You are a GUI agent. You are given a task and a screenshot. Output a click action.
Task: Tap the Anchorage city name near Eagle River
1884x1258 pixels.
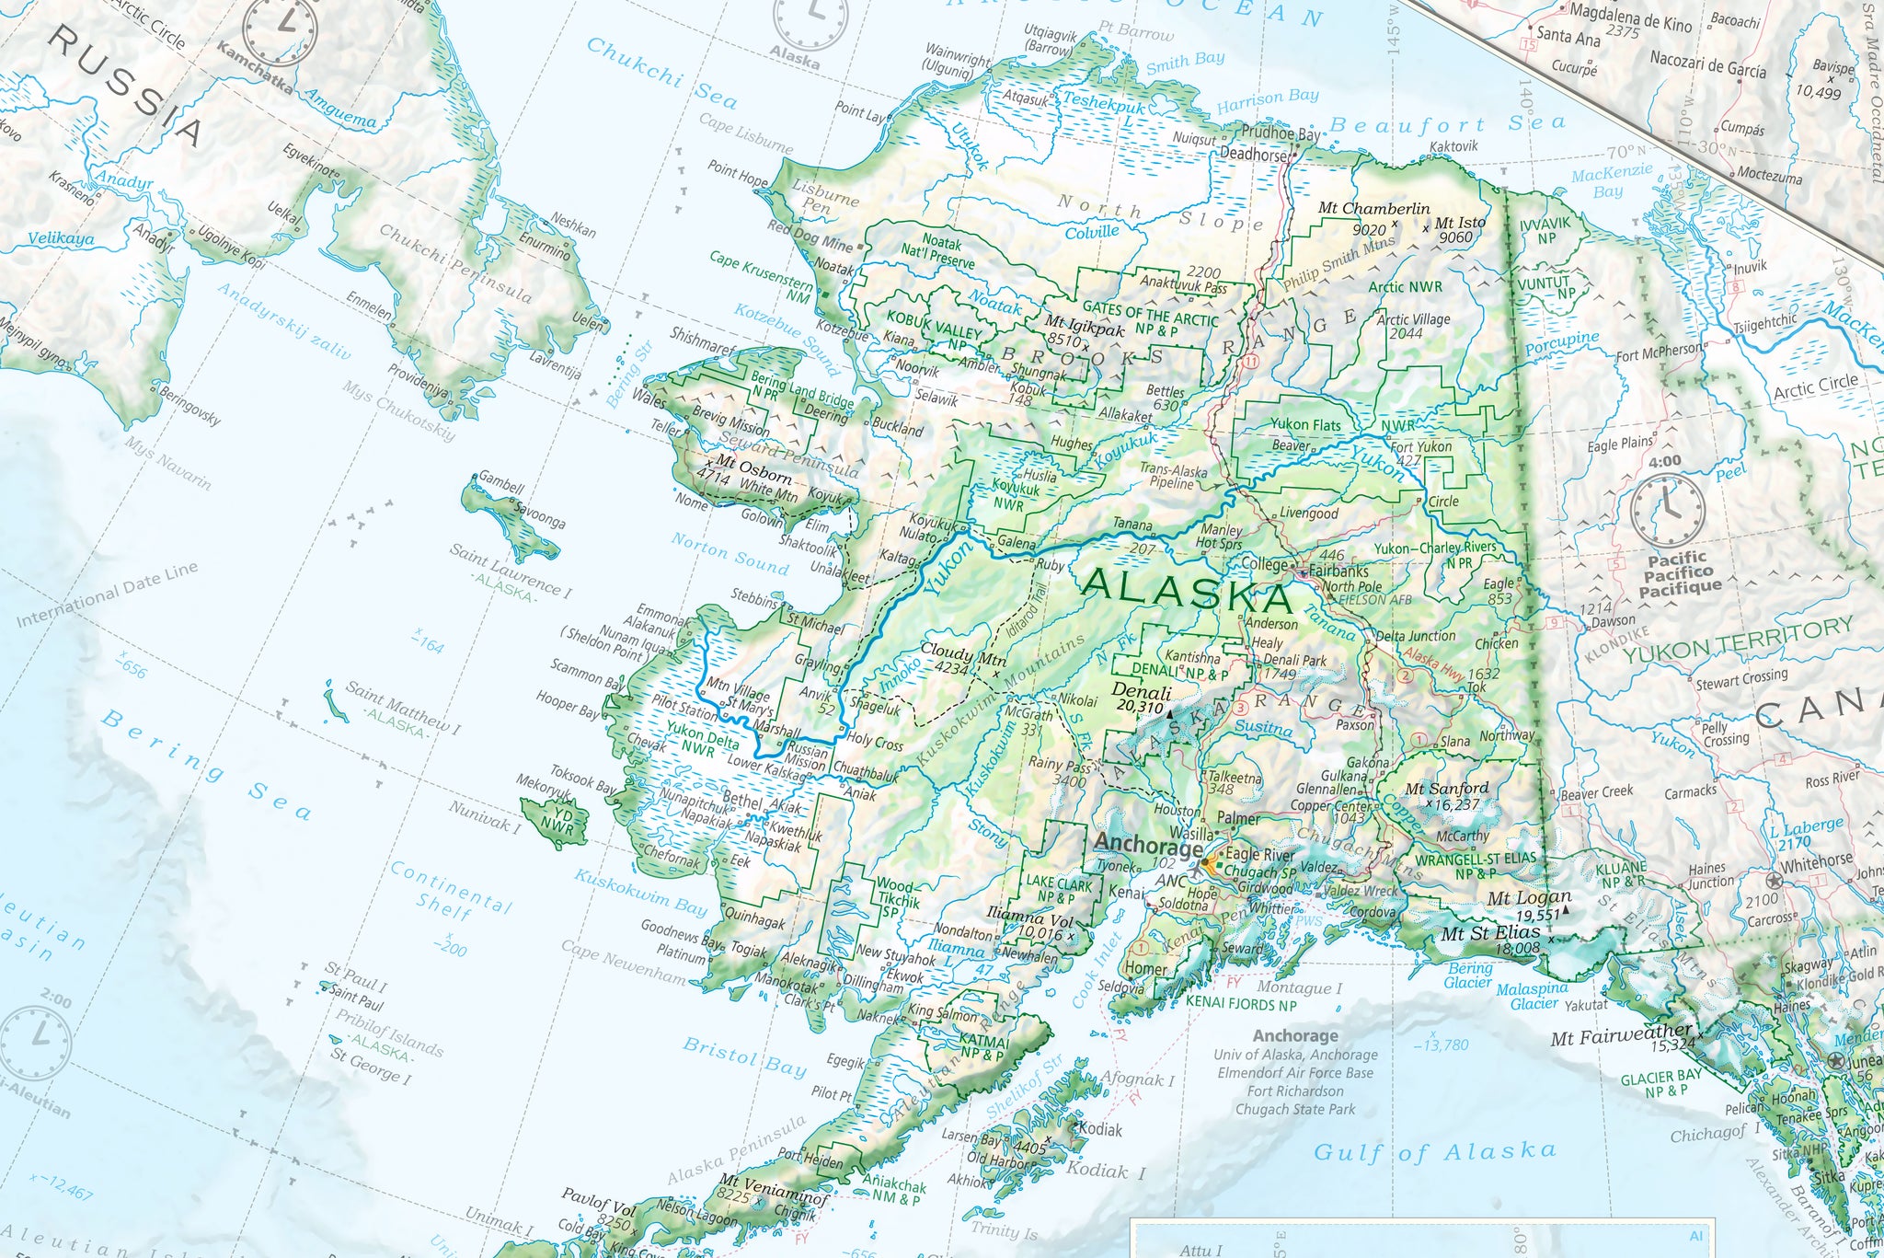[1147, 846]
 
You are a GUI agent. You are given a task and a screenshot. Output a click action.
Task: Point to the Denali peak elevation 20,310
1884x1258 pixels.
[1140, 707]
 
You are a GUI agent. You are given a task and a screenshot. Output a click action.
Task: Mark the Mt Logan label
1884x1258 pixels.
[1530, 897]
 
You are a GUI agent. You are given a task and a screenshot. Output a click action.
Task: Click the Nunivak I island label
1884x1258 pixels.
[485, 816]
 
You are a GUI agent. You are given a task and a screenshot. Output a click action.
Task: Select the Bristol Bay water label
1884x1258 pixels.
[744, 1056]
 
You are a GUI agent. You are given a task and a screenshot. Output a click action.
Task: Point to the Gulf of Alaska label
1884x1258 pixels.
[1434, 1152]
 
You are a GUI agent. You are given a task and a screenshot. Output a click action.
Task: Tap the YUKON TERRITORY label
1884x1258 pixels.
[1738, 640]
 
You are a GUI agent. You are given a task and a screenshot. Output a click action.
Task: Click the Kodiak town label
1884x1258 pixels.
[1100, 1129]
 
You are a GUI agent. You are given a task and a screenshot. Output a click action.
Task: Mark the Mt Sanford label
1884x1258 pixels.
[1446, 789]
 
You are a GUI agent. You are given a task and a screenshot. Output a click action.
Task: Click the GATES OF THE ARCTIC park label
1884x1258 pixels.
[1150, 314]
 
